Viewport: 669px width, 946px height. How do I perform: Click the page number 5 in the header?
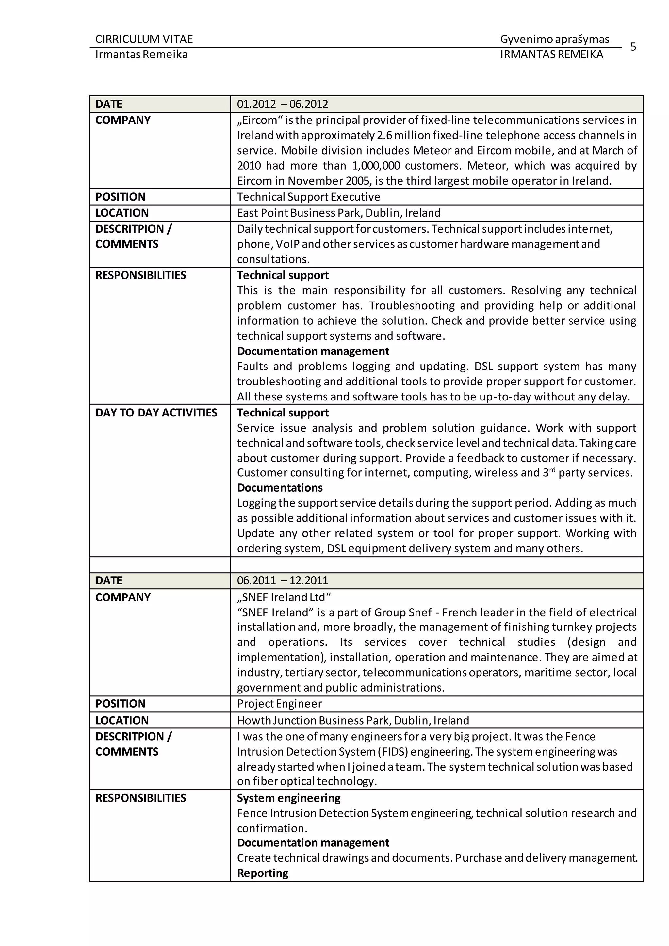(x=633, y=47)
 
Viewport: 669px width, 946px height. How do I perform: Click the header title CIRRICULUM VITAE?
(x=144, y=39)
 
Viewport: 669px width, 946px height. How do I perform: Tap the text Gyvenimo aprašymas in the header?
(x=554, y=39)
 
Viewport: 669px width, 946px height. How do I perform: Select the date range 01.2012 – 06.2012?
(x=282, y=104)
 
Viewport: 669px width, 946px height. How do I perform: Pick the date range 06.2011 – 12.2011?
(x=282, y=580)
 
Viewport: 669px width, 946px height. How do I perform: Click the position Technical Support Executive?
(x=308, y=197)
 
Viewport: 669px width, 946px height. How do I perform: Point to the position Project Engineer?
(x=279, y=703)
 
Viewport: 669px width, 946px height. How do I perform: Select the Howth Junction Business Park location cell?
(x=352, y=720)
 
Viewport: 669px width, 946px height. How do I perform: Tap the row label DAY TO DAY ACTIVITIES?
(x=156, y=413)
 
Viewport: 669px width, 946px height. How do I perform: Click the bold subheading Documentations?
(x=280, y=488)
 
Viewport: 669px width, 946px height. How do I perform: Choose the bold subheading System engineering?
(x=288, y=798)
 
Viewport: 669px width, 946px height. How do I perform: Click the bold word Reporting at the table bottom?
(x=262, y=873)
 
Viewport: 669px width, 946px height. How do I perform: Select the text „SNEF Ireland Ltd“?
(x=284, y=597)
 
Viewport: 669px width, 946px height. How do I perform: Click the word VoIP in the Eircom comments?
(x=287, y=244)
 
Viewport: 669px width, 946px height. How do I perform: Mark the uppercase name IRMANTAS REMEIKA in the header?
(x=551, y=54)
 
